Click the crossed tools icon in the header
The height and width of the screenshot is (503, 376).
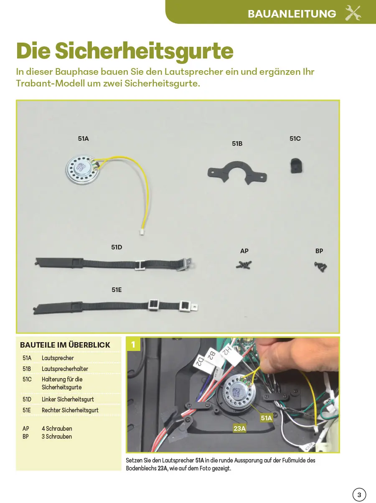click(353, 13)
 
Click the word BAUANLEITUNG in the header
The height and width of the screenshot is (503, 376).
click(292, 14)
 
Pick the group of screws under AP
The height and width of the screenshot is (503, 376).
click(244, 264)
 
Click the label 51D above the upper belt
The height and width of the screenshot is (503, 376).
click(117, 247)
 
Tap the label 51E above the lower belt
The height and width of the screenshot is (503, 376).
click(117, 289)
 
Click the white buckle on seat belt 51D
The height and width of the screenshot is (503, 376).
click(140, 265)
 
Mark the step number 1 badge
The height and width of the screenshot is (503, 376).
click(133, 345)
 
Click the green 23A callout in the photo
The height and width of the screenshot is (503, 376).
click(239, 428)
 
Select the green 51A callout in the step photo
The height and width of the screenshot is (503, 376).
click(266, 418)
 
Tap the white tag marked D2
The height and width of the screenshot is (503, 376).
click(201, 361)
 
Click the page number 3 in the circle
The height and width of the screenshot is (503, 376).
click(359, 494)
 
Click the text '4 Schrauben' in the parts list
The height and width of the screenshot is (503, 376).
click(57, 429)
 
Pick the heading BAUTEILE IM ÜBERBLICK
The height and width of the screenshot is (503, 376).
click(65, 345)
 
